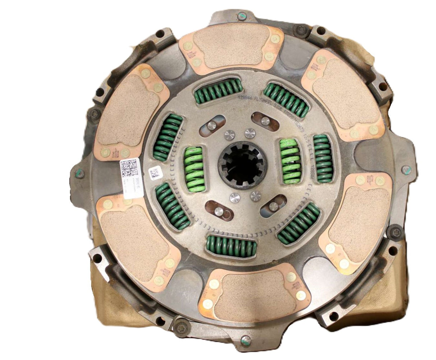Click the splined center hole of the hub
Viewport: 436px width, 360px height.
(243, 165)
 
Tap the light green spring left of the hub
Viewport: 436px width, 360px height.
(194, 169)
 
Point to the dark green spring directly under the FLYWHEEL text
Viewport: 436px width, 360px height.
(286, 99)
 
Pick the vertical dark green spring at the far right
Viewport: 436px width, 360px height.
(323, 158)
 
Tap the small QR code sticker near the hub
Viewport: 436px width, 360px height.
(154, 173)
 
